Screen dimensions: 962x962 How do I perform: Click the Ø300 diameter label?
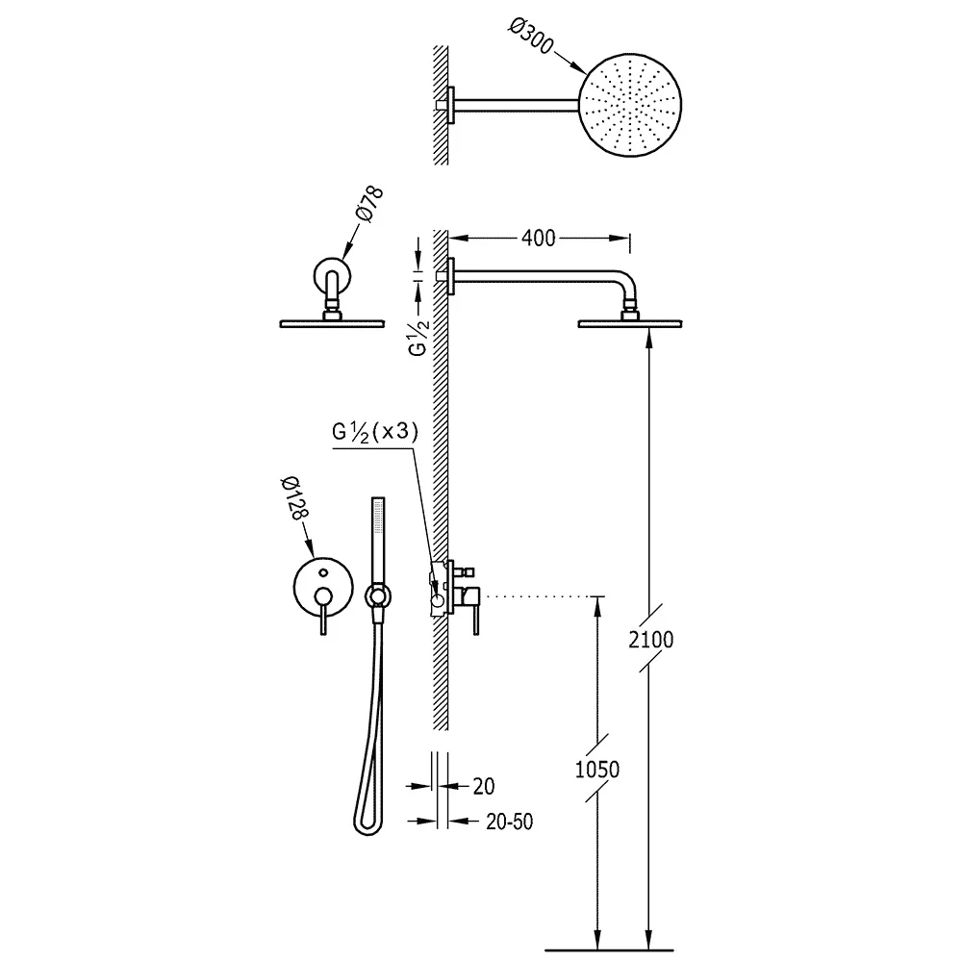point(531,37)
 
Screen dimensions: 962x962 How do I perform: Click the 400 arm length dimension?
point(538,238)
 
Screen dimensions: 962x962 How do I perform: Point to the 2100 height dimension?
point(651,640)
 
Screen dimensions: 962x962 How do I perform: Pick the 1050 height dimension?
point(597,769)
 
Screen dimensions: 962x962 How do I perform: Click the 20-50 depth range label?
point(509,822)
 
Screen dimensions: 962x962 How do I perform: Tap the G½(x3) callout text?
point(375,432)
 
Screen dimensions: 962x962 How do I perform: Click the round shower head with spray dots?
point(630,106)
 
